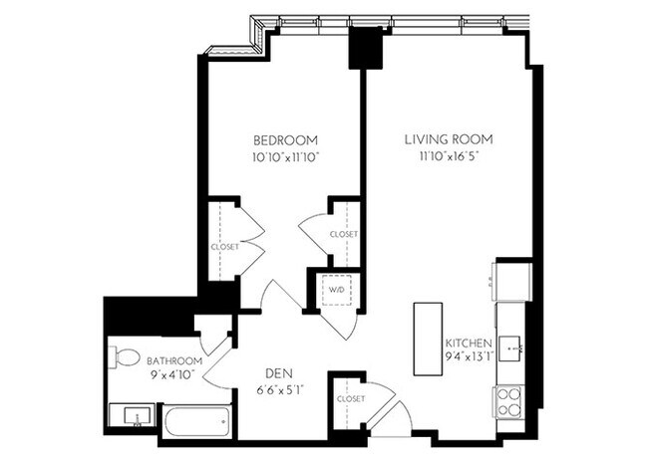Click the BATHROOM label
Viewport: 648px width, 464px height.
pyautogui.click(x=174, y=360)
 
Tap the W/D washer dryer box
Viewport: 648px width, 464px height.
pyautogui.click(x=333, y=291)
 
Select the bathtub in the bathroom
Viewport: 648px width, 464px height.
pyautogui.click(x=197, y=423)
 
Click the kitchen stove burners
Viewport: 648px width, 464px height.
pyautogui.click(x=508, y=401)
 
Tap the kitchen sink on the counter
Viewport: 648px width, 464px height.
pyautogui.click(x=511, y=348)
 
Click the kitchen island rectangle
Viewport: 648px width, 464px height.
pyautogui.click(x=428, y=340)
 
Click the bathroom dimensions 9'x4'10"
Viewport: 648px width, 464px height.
pyautogui.click(x=174, y=376)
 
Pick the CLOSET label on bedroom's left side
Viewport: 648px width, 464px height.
pyautogui.click(x=223, y=246)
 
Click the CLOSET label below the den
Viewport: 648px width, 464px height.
pyautogui.click(x=350, y=398)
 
